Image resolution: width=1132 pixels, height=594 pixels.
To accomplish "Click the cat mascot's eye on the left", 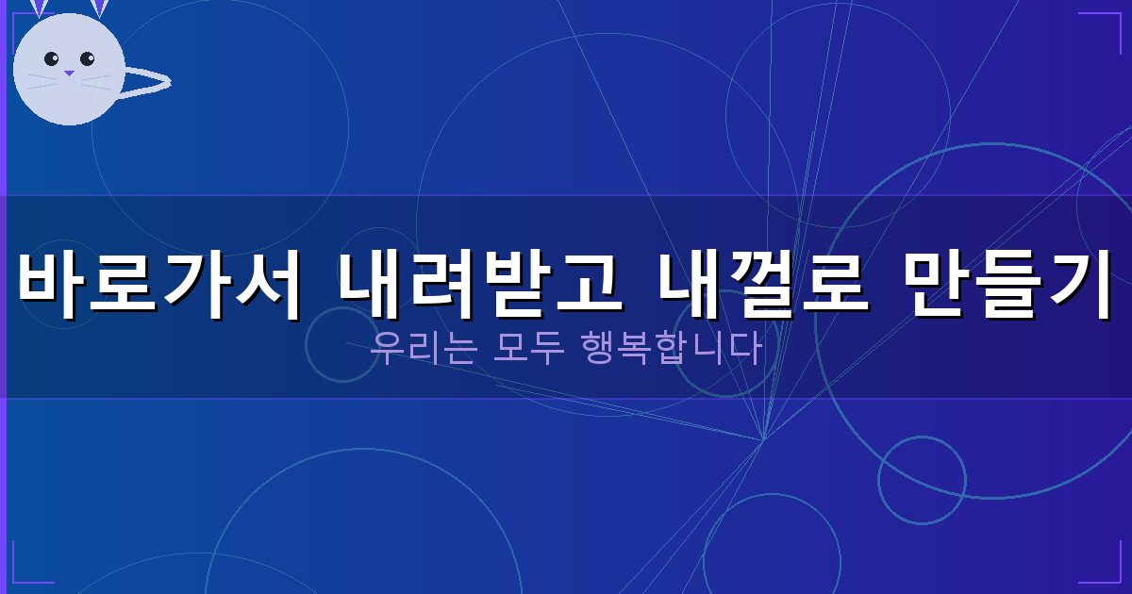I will point(52,59).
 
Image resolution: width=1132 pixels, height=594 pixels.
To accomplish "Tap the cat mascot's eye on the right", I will point(88,59).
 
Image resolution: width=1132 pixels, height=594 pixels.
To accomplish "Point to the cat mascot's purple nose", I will point(69,73).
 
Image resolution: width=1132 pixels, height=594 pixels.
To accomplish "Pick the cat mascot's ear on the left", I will point(40,8).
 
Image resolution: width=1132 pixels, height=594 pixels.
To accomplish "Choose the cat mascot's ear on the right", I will point(98,8).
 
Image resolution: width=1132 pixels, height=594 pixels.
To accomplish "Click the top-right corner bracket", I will point(1108,23).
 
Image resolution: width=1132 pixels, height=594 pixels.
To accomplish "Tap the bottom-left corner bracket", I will point(23,571).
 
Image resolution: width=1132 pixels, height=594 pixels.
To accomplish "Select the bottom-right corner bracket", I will point(1108,571).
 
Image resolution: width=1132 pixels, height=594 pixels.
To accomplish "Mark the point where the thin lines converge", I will point(762,438).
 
